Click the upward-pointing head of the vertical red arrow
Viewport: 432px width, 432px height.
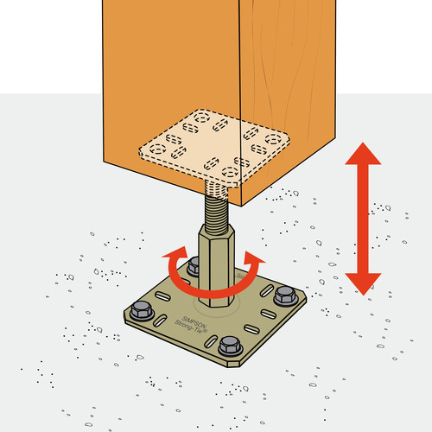click(363, 154)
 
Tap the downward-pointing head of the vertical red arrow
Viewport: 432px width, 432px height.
click(363, 284)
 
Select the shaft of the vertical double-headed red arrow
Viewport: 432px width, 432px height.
click(363, 219)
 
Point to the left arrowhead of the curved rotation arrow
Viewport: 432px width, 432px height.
click(175, 253)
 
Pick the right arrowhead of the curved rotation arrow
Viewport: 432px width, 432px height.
click(253, 257)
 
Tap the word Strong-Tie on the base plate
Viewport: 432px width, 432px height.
click(191, 326)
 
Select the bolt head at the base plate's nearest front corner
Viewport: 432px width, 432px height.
click(230, 346)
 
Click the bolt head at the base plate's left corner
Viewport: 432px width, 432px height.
click(141, 311)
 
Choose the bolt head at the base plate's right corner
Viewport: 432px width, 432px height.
click(285, 295)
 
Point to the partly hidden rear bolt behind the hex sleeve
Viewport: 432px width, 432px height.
click(194, 266)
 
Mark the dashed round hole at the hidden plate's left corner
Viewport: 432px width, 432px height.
click(157, 149)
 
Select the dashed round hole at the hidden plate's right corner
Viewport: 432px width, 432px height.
click(273, 139)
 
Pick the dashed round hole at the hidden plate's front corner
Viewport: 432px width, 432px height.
click(229, 173)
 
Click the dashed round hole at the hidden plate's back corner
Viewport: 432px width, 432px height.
click(201, 118)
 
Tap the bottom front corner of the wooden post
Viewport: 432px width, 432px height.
click(241, 206)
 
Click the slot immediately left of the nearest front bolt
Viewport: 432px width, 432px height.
click(211, 342)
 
